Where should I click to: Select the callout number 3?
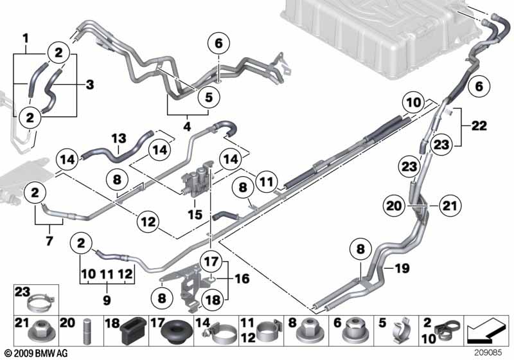coord(89,84)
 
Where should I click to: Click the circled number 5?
coord(208,97)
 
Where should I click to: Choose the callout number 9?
coord(107,300)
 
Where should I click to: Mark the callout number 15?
coord(194,213)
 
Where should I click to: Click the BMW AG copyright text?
coord(31,353)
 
